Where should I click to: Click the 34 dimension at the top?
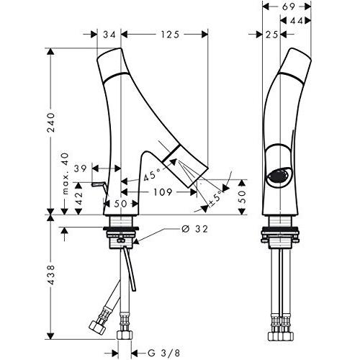tap(109, 34)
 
